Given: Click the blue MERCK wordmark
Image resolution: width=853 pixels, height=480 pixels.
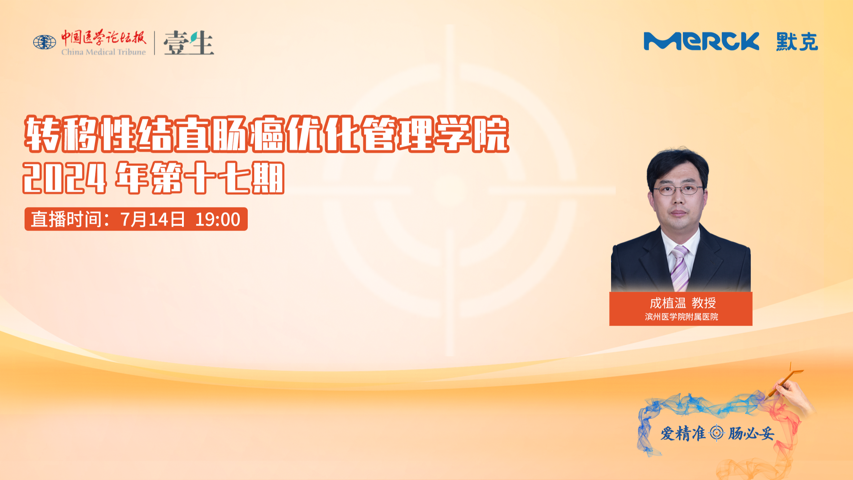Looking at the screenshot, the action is point(701,41).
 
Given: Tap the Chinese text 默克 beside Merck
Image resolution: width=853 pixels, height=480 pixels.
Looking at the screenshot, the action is point(797,42).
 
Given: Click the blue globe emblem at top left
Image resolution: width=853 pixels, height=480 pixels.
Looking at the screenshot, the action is point(44,42).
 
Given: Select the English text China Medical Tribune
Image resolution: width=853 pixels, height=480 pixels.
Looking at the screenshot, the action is point(104,52).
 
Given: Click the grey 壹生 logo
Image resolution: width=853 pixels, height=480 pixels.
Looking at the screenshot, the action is point(189,43).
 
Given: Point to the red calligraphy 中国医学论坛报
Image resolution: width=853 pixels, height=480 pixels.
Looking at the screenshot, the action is point(104,38).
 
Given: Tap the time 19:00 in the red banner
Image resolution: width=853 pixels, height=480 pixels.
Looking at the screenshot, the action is point(218,219).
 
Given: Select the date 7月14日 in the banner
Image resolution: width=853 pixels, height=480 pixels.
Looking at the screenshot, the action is point(153,219).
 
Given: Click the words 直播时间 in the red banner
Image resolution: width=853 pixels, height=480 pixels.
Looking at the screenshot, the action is point(66,219).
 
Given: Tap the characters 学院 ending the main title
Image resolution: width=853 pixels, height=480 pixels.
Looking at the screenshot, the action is point(471,134).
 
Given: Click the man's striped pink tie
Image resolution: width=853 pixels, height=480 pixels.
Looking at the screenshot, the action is point(680,267).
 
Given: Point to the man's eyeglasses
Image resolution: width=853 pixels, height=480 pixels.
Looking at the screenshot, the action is point(678,189).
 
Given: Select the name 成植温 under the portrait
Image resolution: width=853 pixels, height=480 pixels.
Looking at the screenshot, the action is point(668,303).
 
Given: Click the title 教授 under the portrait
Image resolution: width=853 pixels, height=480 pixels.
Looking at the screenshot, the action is point(703,303).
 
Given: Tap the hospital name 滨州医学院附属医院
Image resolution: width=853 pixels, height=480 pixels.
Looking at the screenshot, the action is point(681,317).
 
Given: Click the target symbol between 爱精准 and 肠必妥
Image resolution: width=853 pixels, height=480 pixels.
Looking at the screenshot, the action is point(716,433).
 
